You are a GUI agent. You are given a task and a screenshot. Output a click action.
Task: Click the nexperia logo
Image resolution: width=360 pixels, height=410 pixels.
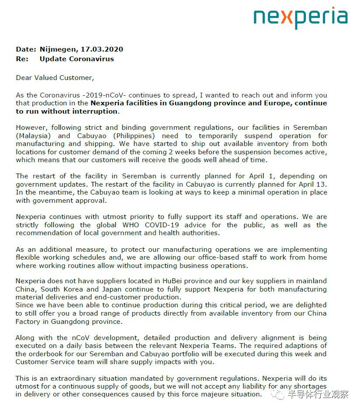pyautogui.click(x=301, y=17)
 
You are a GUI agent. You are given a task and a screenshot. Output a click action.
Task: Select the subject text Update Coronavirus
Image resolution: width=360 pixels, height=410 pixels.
pyautogui.click(x=76, y=59)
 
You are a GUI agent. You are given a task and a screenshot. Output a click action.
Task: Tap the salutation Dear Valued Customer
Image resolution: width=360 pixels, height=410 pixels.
pyautogui.click(x=55, y=78)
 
